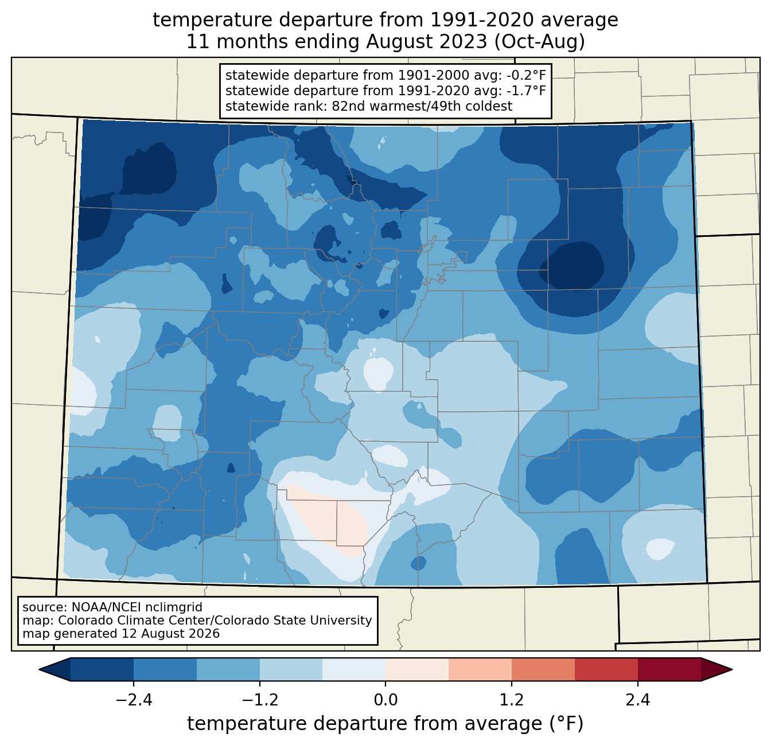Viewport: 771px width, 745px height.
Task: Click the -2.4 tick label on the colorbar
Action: [x=134, y=700]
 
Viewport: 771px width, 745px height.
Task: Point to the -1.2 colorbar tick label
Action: [x=260, y=700]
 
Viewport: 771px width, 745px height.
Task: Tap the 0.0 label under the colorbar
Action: [x=385, y=700]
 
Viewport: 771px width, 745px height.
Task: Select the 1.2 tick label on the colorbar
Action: [x=512, y=700]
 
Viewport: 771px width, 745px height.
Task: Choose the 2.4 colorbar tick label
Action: [x=637, y=700]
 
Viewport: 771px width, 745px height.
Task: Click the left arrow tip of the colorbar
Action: [x=39, y=670]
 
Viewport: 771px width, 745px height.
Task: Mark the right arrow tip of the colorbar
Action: [x=732, y=670]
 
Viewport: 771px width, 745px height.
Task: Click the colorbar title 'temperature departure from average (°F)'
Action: [x=385, y=723]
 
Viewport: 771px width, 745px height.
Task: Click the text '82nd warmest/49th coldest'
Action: [x=422, y=106]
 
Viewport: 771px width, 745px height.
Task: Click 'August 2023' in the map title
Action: [x=426, y=42]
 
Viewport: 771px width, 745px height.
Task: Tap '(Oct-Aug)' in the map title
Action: [x=540, y=42]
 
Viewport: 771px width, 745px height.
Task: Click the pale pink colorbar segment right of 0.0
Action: [x=417, y=670]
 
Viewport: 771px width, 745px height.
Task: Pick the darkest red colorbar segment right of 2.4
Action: [x=669, y=670]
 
